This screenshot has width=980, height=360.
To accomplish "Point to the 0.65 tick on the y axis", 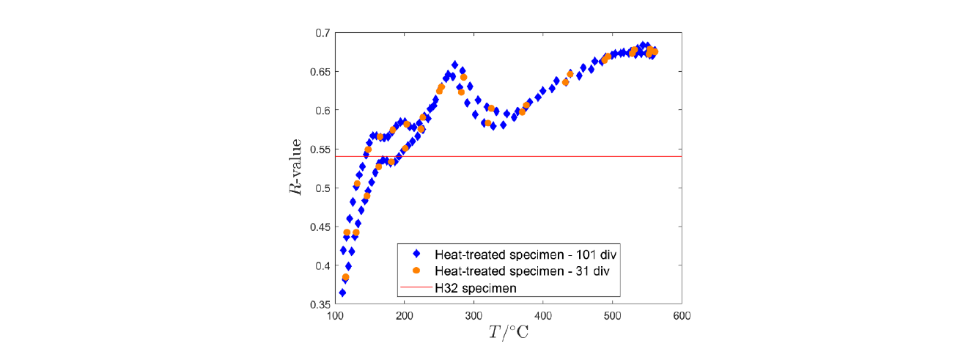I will tap(320, 72).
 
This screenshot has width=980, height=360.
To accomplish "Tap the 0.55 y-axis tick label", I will tap(320, 150).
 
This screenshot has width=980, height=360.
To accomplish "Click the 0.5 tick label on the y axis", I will tap(323, 188).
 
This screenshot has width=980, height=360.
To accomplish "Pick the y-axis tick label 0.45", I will tap(320, 227).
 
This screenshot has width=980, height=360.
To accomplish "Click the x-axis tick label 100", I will tap(335, 317).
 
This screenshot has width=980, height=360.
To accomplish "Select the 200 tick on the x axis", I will tap(405, 317).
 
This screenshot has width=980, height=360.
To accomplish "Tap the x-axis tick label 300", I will tap(474, 317).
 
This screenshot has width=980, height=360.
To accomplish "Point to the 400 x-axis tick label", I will tap(543, 317).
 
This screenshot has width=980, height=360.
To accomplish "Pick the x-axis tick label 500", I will tap(613, 317).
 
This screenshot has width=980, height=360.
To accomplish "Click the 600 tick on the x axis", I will tap(682, 317).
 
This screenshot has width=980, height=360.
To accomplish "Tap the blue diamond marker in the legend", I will tap(416, 254).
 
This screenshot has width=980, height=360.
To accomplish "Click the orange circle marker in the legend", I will tap(416, 271).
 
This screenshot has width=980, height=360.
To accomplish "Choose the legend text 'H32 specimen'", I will tap(476, 288).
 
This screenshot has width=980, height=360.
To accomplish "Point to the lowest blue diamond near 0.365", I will tap(342, 293).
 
